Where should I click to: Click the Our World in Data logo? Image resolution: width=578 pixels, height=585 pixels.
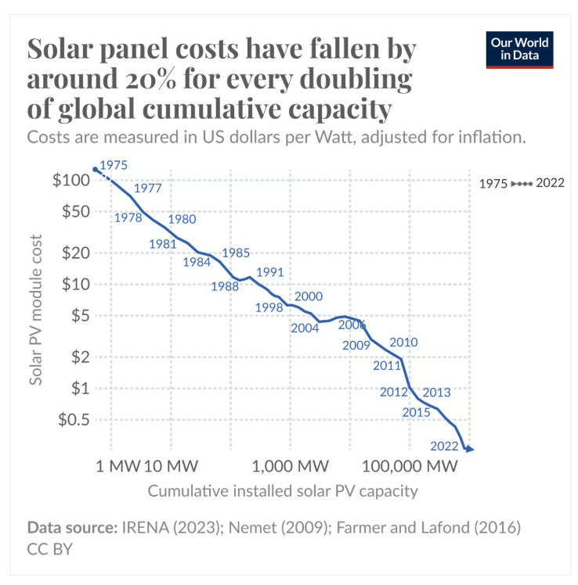click(x=519, y=49)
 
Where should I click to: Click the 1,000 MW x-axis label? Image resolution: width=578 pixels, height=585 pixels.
click(x=291, y=466)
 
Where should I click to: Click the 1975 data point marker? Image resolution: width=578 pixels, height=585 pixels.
click(x=96, y=169)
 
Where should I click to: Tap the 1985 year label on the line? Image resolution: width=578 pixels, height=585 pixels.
click(x=236, y=253)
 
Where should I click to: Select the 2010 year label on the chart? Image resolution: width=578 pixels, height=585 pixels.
click(x=403, y=342)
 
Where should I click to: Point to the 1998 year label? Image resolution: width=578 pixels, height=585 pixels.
click(x=269, y=307)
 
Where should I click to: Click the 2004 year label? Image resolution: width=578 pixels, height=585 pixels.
click(x=305, y=328)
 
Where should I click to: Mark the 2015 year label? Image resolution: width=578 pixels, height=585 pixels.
click(x=416, y=412)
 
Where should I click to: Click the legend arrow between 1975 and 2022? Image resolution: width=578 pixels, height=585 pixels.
click(x=522, y=184)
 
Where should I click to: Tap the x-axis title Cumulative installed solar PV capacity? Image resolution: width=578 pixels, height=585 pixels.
click(x=282, y=492)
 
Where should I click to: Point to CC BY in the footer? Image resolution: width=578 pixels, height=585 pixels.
click(x=49, y=549)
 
